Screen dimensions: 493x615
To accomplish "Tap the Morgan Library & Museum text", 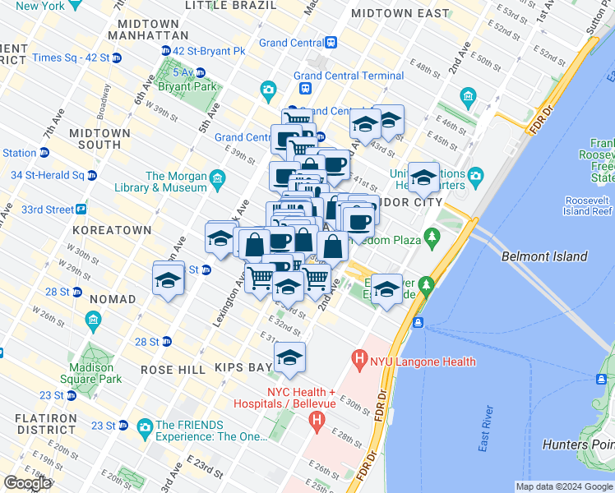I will click(176, 182).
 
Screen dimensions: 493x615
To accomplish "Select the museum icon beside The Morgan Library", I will click(217, 178).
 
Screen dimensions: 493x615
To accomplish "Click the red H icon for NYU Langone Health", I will click(358, 358).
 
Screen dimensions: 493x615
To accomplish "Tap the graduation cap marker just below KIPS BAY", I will click(289, 358).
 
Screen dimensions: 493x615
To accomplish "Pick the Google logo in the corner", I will click(27, 483).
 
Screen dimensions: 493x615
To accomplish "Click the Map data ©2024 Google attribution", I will click(564, 486).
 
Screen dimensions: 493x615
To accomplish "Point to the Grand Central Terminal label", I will click(349, 76).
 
